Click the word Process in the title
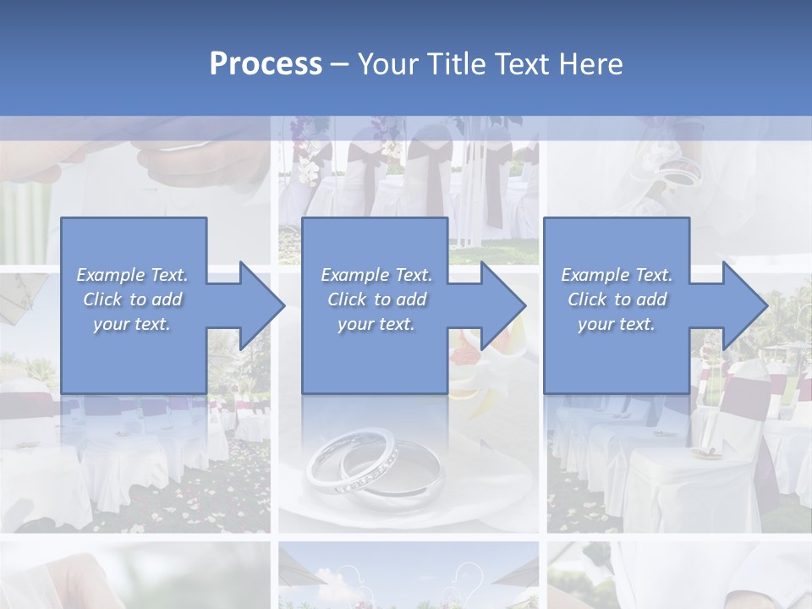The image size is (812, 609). coord(266,63)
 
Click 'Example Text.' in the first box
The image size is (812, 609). coord(132,275)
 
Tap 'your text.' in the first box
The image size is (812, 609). coord(132,324)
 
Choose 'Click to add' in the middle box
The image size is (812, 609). coord(376,299)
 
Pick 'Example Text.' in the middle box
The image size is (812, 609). coord(376,275)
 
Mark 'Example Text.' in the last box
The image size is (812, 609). coord(617,275)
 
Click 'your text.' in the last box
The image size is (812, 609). coord(617,324)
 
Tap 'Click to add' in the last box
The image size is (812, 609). coord(617,299)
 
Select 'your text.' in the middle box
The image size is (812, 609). coord(376,324)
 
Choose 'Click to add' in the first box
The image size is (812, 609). coord(132,299)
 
